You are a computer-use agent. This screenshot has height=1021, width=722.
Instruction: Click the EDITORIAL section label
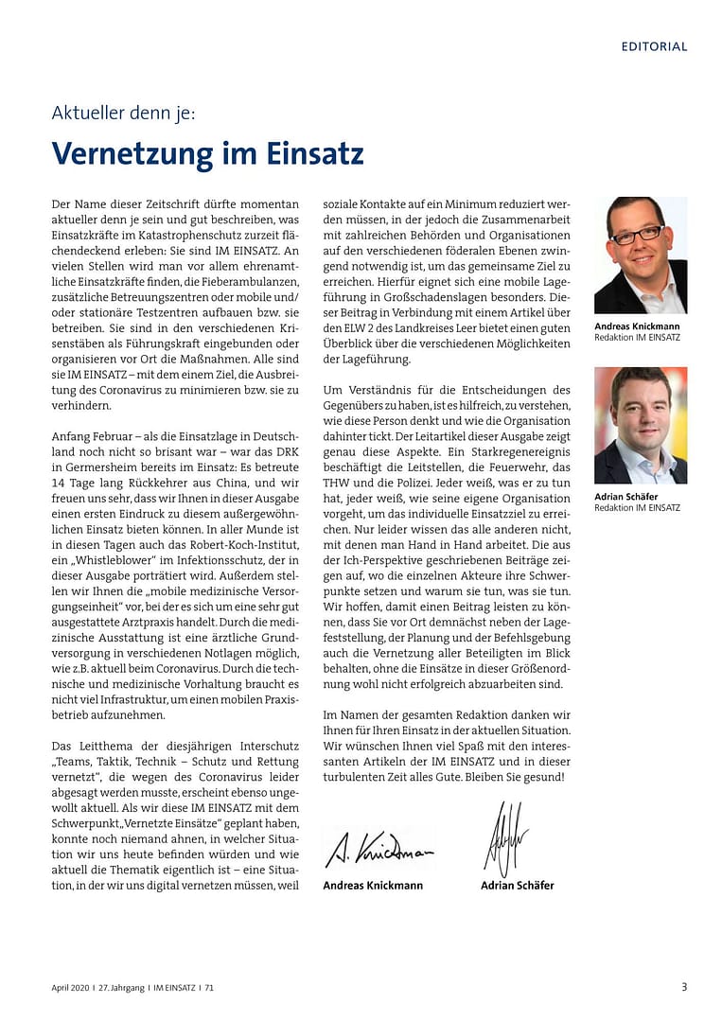pyautogui.click(x=654, y=46)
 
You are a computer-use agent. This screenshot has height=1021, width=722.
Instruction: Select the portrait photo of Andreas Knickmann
pyautogui.click(x=641, y=255)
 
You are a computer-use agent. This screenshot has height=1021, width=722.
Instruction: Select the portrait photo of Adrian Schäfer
pyautogui.click(x=641, y=425)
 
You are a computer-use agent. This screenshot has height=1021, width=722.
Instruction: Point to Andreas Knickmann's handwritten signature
pyautogui.click(x=379, y=850)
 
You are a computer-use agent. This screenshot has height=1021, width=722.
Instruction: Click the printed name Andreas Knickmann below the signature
pyautogui.click(x=373, y=886)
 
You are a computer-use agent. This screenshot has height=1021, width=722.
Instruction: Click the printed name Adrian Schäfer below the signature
pyautogui.click(x=518, y=886)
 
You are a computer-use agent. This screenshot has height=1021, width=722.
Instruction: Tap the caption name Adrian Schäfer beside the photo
pyautogui.click(x=626, y=496)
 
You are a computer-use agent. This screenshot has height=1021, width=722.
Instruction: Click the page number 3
pyautogui.click(x=684, y=987)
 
